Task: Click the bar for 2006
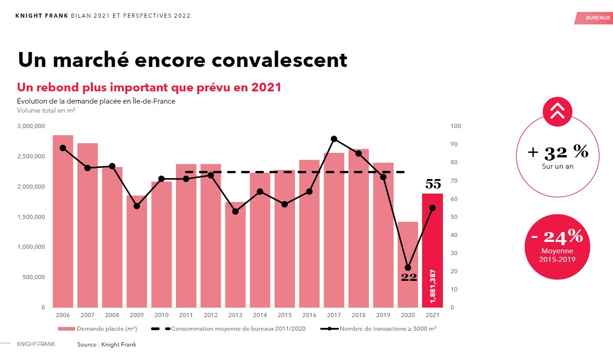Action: pyautogui.click(x=63, y=221)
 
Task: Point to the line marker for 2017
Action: pyautogui.click(x=334, y=139)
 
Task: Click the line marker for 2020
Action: pyautogui.click(x=408, y=268)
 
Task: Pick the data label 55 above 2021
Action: pyautogui.click(x=433, y=184)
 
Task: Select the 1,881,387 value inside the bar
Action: pyautogui.click(x=433, y=287)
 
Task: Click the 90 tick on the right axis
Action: pyautogui.click(x=456, y=144)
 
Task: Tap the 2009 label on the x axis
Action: pyautogui.click(x=137, y=315)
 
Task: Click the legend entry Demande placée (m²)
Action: pyautogui.click(x=98, y=329)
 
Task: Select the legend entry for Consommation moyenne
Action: pyautogui.click(x=228, y=329)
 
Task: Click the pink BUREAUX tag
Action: pyautogui.click(x=594, y=17)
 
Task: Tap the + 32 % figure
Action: pyautogui.click(x=558, y=152)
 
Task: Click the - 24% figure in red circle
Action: pyautogui.click(x=557, y=236)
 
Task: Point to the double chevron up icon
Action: pyautogui.click(x=557, y=111)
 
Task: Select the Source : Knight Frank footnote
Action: pyautogui.click(x=106, y=345)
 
